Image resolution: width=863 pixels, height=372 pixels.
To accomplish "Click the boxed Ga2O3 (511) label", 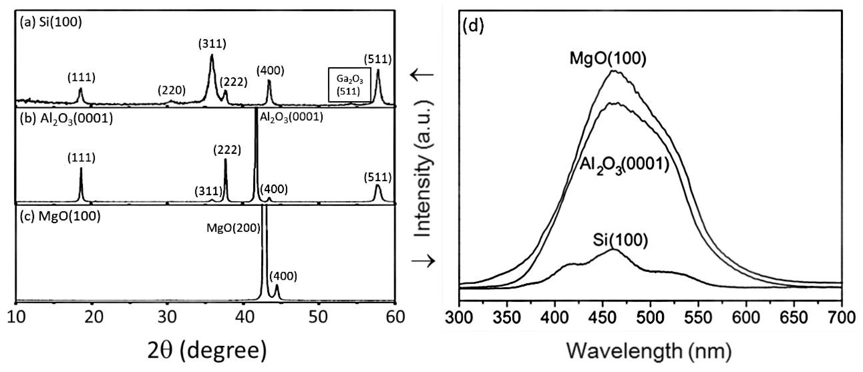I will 349,85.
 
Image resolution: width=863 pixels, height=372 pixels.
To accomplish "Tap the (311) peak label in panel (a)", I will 212,44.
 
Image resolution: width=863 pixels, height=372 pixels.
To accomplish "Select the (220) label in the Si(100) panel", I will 171,90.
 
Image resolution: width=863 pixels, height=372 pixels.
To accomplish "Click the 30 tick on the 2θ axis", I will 167,317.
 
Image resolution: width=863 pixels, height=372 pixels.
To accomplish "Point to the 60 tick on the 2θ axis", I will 395,317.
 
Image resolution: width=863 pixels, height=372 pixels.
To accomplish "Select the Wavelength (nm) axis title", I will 648,351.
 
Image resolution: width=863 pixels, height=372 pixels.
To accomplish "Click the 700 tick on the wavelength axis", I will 841,317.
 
